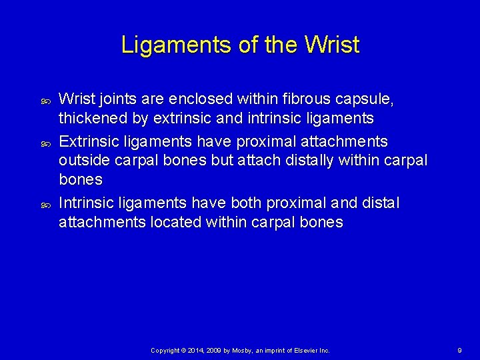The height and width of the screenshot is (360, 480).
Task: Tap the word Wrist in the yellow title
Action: [331, 45]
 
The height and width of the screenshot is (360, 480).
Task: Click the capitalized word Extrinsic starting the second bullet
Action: [88, 142]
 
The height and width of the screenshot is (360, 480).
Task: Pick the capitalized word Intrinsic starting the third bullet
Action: [85, 203]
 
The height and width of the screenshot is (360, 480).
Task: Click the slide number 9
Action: [459, 350]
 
